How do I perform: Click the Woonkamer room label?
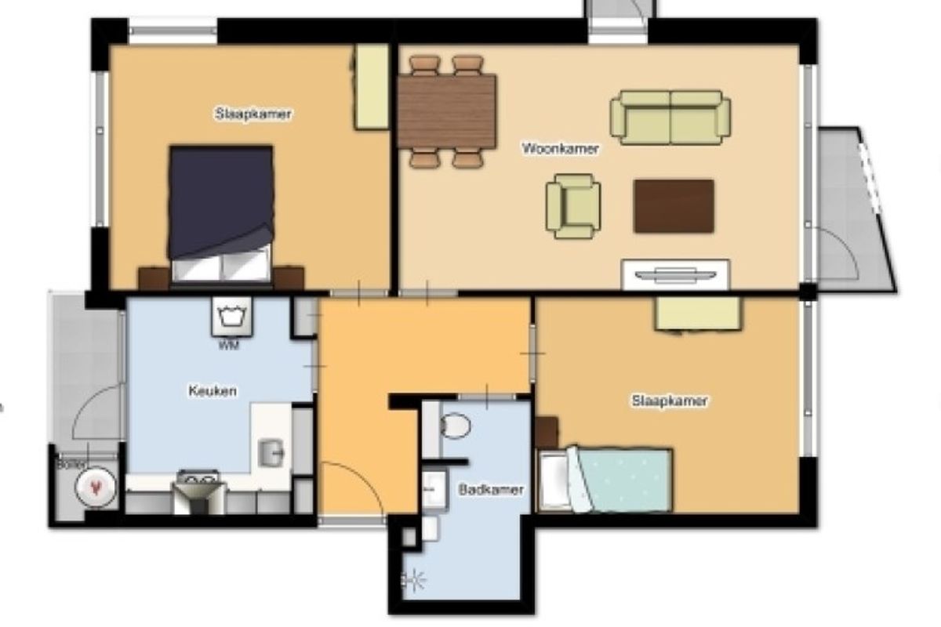(560, 148)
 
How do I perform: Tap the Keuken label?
(213, 391)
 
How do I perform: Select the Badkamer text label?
(491, 490)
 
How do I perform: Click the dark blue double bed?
(221, 214)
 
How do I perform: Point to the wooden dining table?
(446, 111)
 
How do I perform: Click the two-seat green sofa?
(670, 118)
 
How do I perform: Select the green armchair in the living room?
(573, 206)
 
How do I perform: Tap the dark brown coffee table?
(674, 206)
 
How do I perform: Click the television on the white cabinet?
(675, 276)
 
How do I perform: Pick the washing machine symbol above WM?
(232, 317)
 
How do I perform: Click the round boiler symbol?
(96, 487)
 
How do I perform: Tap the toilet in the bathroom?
(455, 426)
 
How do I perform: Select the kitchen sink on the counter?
(271, 453)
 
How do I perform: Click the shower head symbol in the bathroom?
(413, 580)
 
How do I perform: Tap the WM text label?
(229, 346)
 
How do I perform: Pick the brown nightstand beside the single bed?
(547, 433)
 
